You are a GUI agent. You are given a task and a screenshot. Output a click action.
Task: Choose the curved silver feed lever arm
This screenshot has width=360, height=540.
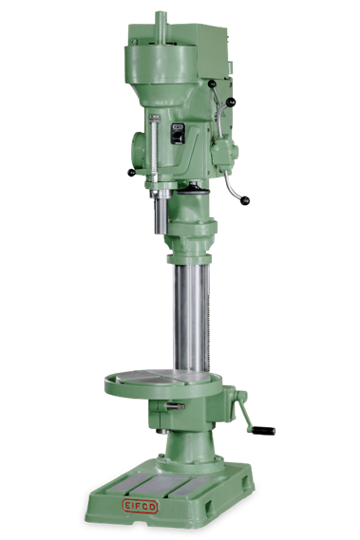coord(233,176)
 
